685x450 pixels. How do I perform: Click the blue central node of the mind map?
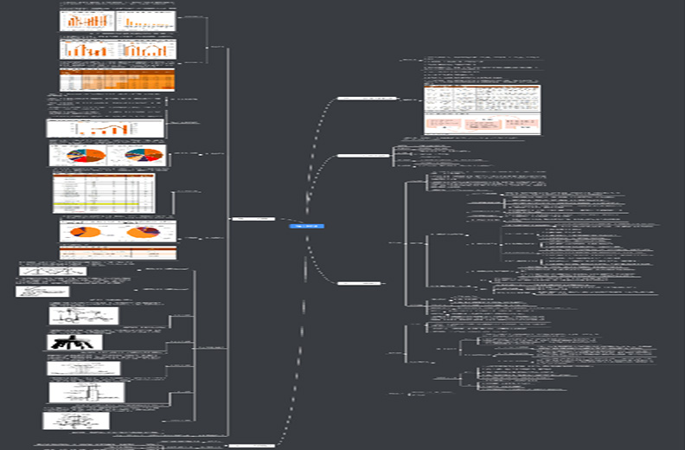click(x=306, y=226)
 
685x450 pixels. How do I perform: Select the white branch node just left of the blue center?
click(x=253, y=218)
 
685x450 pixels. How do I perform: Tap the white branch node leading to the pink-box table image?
click(x=367, y=99)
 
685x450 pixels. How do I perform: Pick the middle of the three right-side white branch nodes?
click(x=362, y=156)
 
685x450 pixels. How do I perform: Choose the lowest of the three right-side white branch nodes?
click(x=359, y=283)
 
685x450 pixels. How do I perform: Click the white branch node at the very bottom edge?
click(x=250, y=445)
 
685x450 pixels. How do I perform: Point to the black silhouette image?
click(x=74, y=342)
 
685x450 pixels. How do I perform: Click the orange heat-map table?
click(x=118, y=81)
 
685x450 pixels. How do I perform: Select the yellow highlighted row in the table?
click(x=104, y=203)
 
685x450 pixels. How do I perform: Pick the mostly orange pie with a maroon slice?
click(x=143, y=232)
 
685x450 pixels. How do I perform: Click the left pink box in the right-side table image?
click(x=442, y=124)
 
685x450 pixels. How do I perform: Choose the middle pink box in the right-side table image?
click(x=483, y=124)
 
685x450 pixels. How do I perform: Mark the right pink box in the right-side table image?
click(x=522, y=124)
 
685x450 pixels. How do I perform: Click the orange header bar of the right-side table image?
click(x=482, y=87)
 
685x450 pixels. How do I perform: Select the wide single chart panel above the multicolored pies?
click(x=105, y=128)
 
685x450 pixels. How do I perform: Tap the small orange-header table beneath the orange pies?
click(x=118, y=252)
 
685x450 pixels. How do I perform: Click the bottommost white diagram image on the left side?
click(x=76, y=421)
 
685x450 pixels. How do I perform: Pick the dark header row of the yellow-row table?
click(x=104, y=177)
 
